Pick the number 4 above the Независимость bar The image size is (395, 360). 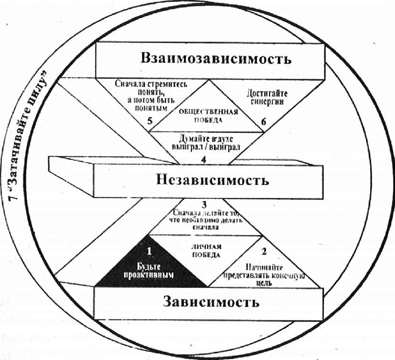[203, 160]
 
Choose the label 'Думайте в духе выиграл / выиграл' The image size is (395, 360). [207, 142]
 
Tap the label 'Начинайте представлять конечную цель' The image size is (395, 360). [264, 274]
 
